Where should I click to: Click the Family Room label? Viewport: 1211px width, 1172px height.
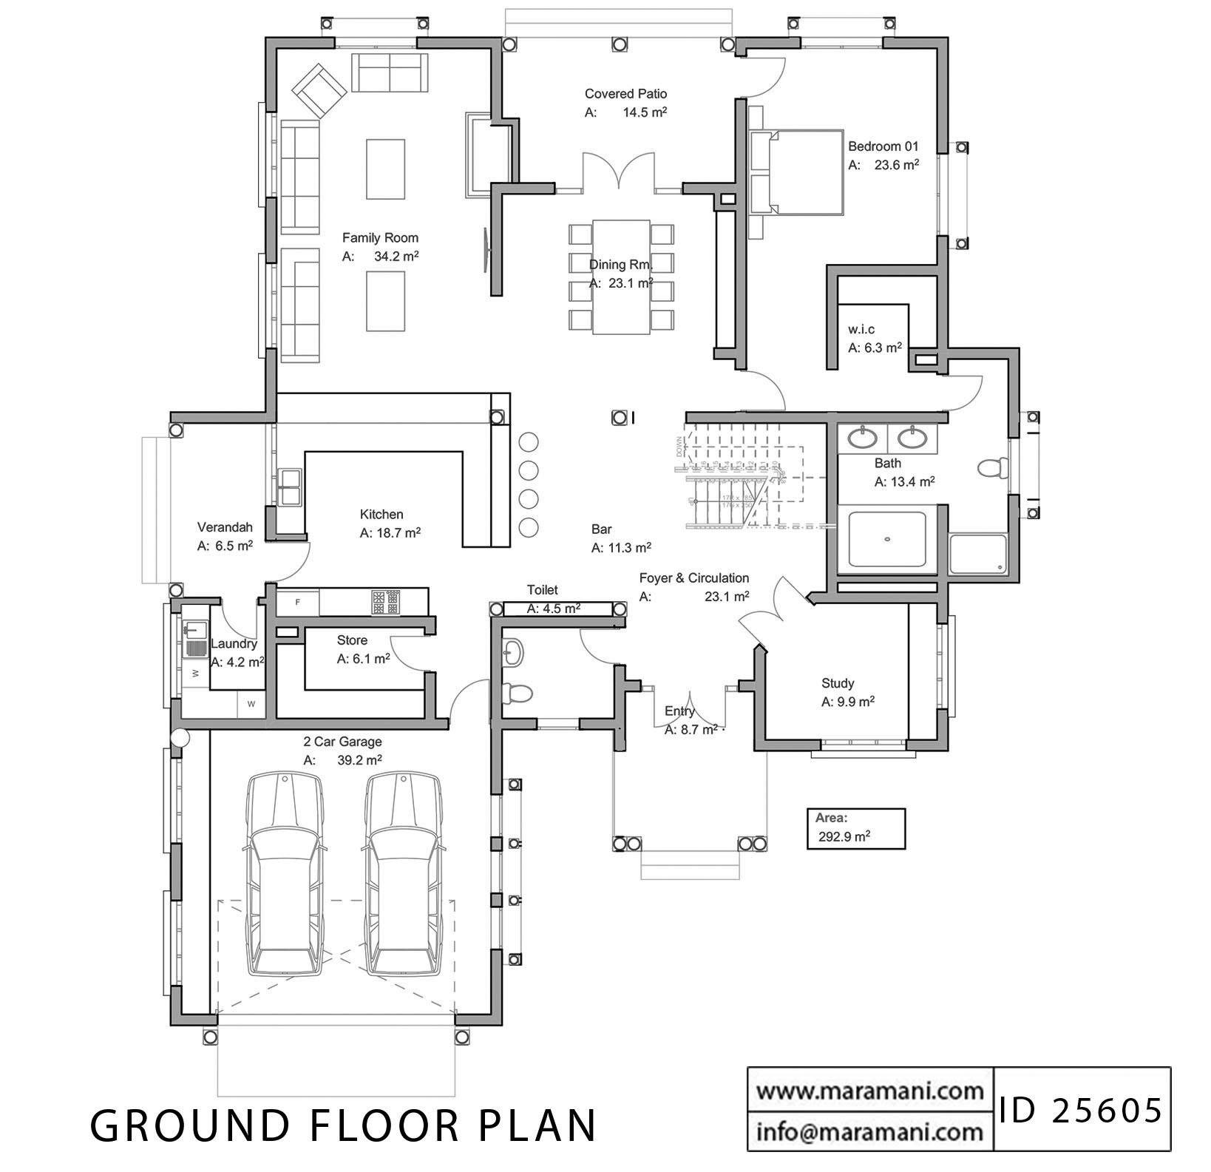tap(380, 238)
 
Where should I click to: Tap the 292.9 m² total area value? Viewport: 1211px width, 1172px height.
tap(844, 837)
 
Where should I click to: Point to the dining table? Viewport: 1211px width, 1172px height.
tap(621, 277)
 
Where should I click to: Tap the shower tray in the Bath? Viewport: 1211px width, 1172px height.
tap(886, 540)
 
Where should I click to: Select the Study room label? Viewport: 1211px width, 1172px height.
tap(838, 683)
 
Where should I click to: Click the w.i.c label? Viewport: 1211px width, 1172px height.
tap(861, 330)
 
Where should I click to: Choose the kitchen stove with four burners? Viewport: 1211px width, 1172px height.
tap(386, 602)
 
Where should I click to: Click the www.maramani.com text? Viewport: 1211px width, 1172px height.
tap(869, 1091)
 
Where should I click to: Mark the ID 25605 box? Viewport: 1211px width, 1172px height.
tap(1081, 1110)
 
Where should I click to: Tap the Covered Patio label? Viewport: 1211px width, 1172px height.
tap(625, 94)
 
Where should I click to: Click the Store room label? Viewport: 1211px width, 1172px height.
tap(352, 640)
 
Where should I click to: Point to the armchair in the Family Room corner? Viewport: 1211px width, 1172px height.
tap(319, 91)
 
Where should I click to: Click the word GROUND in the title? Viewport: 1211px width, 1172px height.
tap(189, 1126)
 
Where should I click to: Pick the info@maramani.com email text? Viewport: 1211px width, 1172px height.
tap(869, 1131)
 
